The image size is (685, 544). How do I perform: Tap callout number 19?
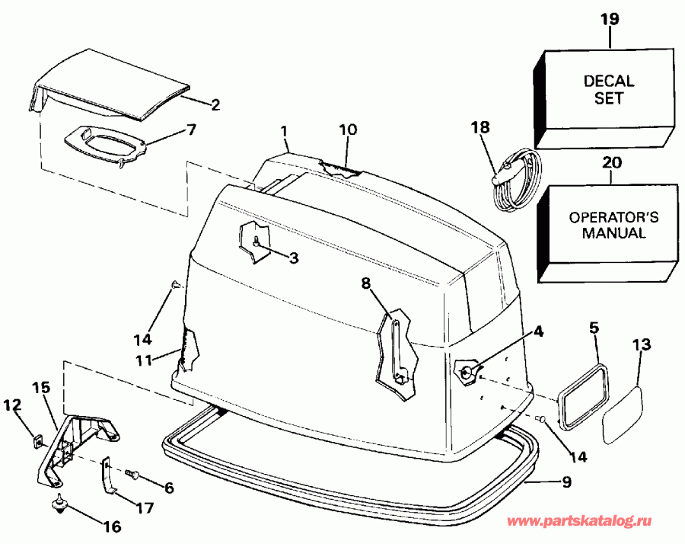(612, 20)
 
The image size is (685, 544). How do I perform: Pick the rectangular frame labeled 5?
(585, 392)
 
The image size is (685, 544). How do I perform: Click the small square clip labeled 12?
(35, 440)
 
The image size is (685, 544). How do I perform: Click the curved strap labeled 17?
(108, 479)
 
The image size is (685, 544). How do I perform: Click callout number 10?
(347, 130)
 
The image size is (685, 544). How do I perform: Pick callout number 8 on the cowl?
(365, 283)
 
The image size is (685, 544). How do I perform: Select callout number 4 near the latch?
(537, 331)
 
